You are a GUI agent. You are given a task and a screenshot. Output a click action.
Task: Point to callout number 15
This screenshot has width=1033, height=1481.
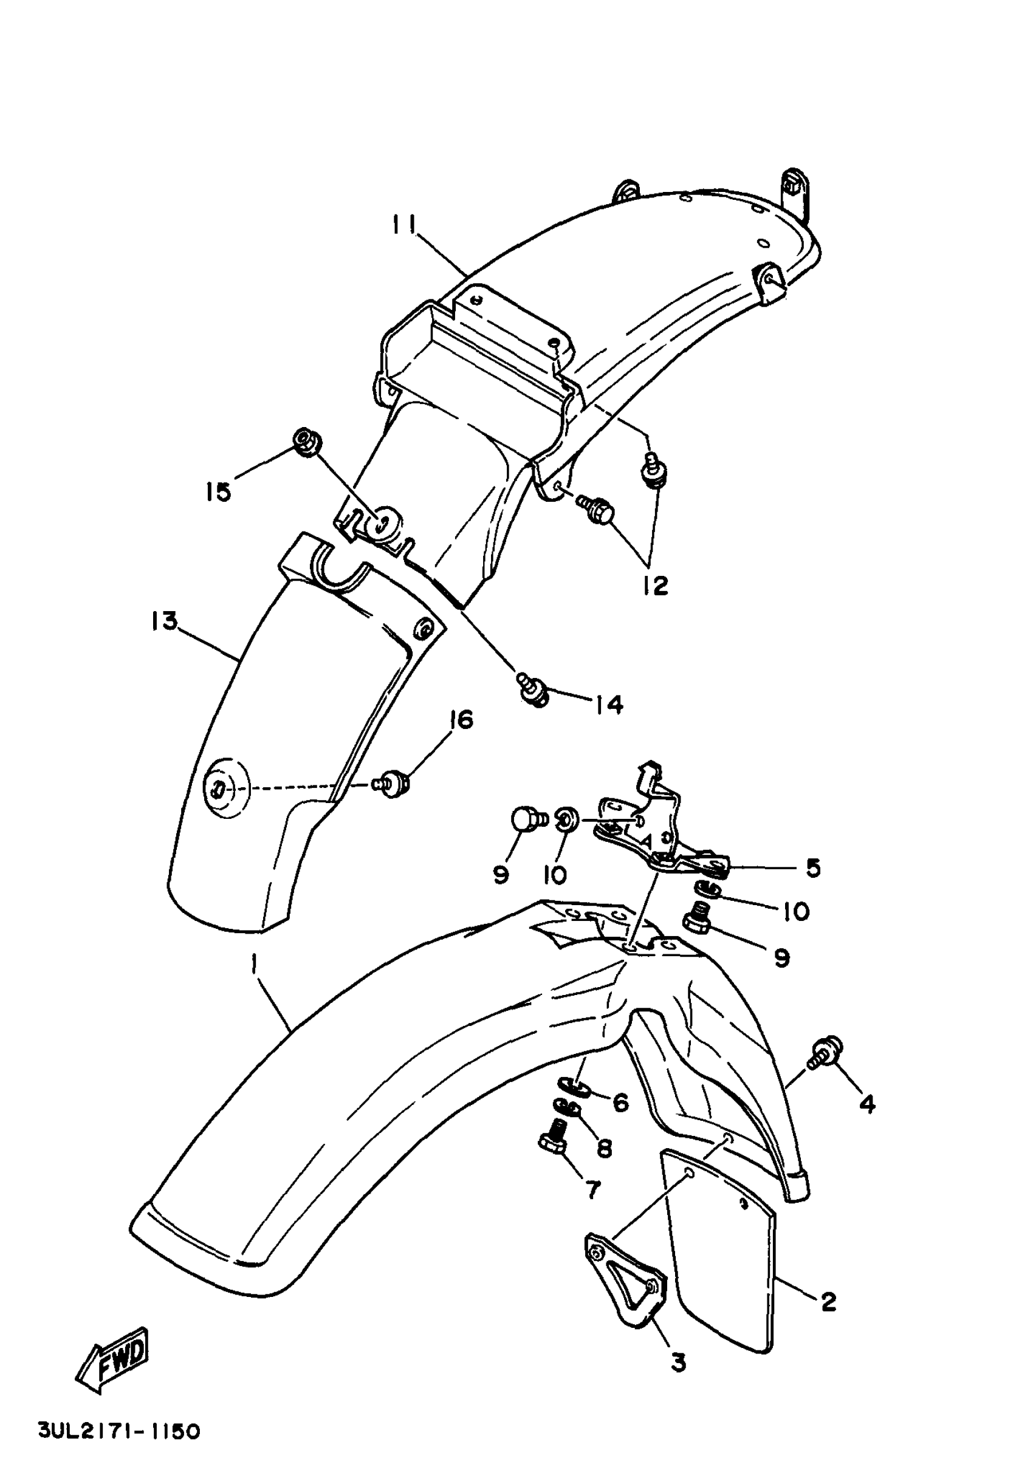pos(219,492)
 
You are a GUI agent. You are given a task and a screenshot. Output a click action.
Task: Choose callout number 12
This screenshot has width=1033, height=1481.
pos(656,584)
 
